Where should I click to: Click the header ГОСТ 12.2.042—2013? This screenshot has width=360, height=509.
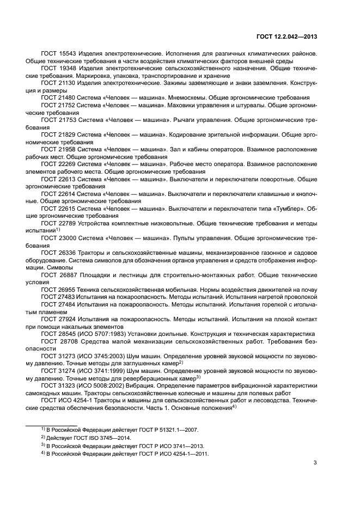coord(288,38)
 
